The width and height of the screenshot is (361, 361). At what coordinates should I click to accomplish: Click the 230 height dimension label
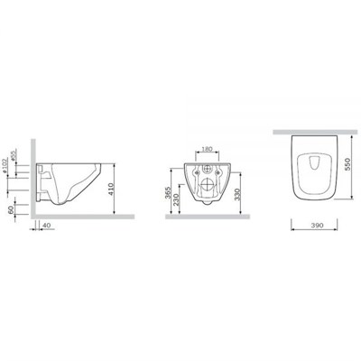pyautogui.click(x=178, y=200)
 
